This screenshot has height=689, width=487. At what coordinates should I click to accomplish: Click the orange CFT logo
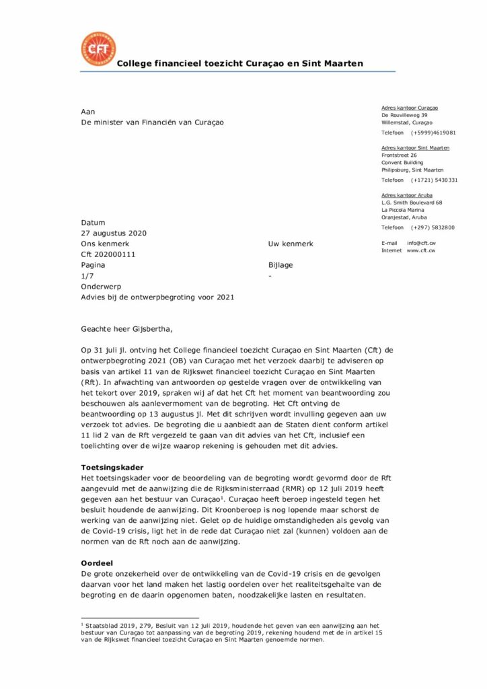[x=98, y=49]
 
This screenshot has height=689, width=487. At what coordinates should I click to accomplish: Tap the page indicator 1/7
[x=87, y=276]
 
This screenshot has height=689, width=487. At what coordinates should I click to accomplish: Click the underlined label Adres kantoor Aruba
[x=407, y=195]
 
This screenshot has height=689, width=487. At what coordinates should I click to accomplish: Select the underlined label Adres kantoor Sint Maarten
[x=415, y=148]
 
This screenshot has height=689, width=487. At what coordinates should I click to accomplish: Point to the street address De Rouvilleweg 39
[x=404, y=115]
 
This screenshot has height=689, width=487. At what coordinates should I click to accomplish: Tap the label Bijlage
[x=280, y=265]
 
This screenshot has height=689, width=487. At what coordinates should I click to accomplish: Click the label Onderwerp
[x=101, y=287]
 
